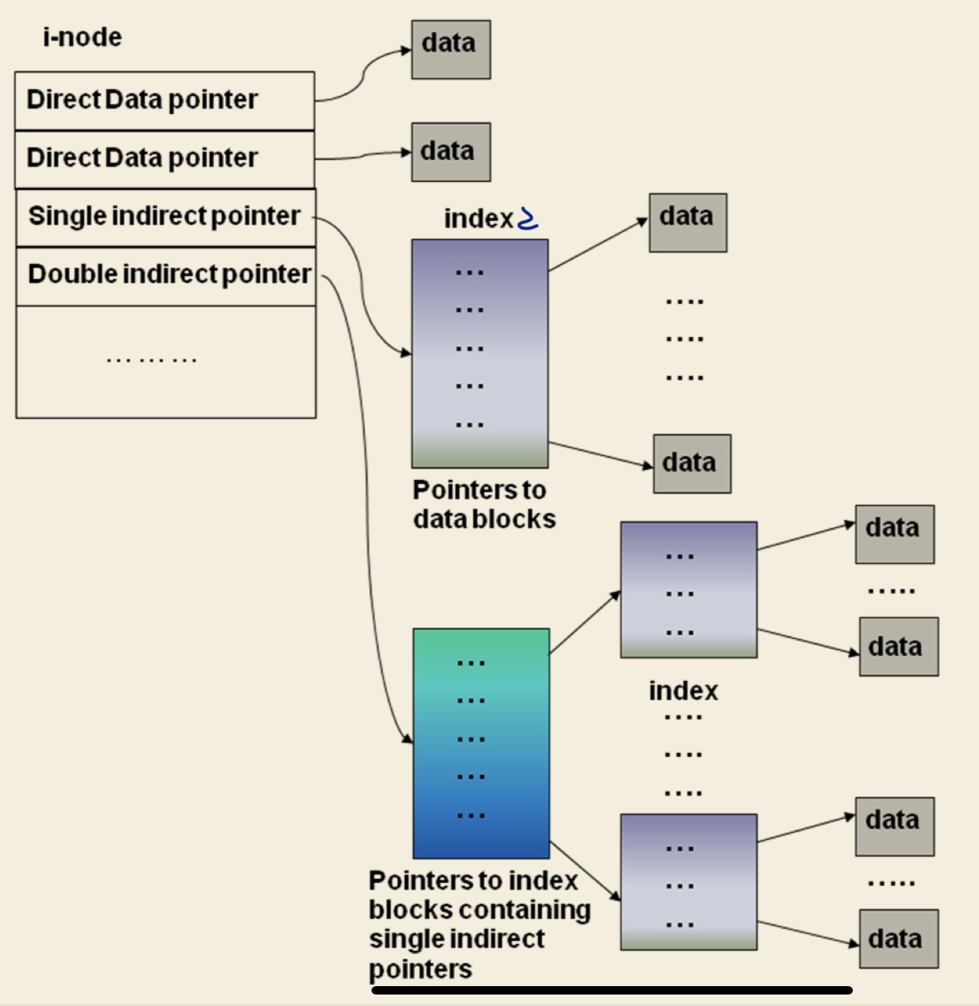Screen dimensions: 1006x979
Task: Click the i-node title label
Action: (x=82, y=37)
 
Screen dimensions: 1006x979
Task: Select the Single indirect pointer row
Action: (x=164, y=216)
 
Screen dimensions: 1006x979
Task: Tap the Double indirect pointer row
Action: (x=168, y=274)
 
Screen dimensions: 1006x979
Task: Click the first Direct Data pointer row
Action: (x=142, y=99)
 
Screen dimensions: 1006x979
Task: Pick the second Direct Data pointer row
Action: (x=142, y=157)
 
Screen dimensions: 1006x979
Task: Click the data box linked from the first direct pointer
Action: (x=450, y=50)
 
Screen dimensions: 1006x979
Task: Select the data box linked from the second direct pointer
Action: (x=450, y=151)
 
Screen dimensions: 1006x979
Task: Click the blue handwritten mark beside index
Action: (x=528, y=219)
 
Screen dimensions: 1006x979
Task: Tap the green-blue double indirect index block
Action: (x=481, y=743)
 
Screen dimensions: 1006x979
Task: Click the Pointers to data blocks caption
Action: (x=483, y=505)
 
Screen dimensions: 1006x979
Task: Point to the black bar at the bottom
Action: (x=611, y=990)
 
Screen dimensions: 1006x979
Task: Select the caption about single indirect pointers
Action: (x=478, y=924)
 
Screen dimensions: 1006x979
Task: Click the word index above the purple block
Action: (x=478, y=219)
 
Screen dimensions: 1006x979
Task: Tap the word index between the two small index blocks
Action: (x=683, y=691)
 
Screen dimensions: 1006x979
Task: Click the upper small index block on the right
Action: (x=688, y=589)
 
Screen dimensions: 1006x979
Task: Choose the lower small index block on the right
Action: (x=688, y=881)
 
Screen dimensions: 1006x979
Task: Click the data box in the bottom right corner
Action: (x=898, y=939)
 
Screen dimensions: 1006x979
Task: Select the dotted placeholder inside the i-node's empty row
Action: (x=151, y=359)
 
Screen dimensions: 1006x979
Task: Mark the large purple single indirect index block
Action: (x=479, y=353)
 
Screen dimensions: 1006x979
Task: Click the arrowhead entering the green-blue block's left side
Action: (x=407, y=738)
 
